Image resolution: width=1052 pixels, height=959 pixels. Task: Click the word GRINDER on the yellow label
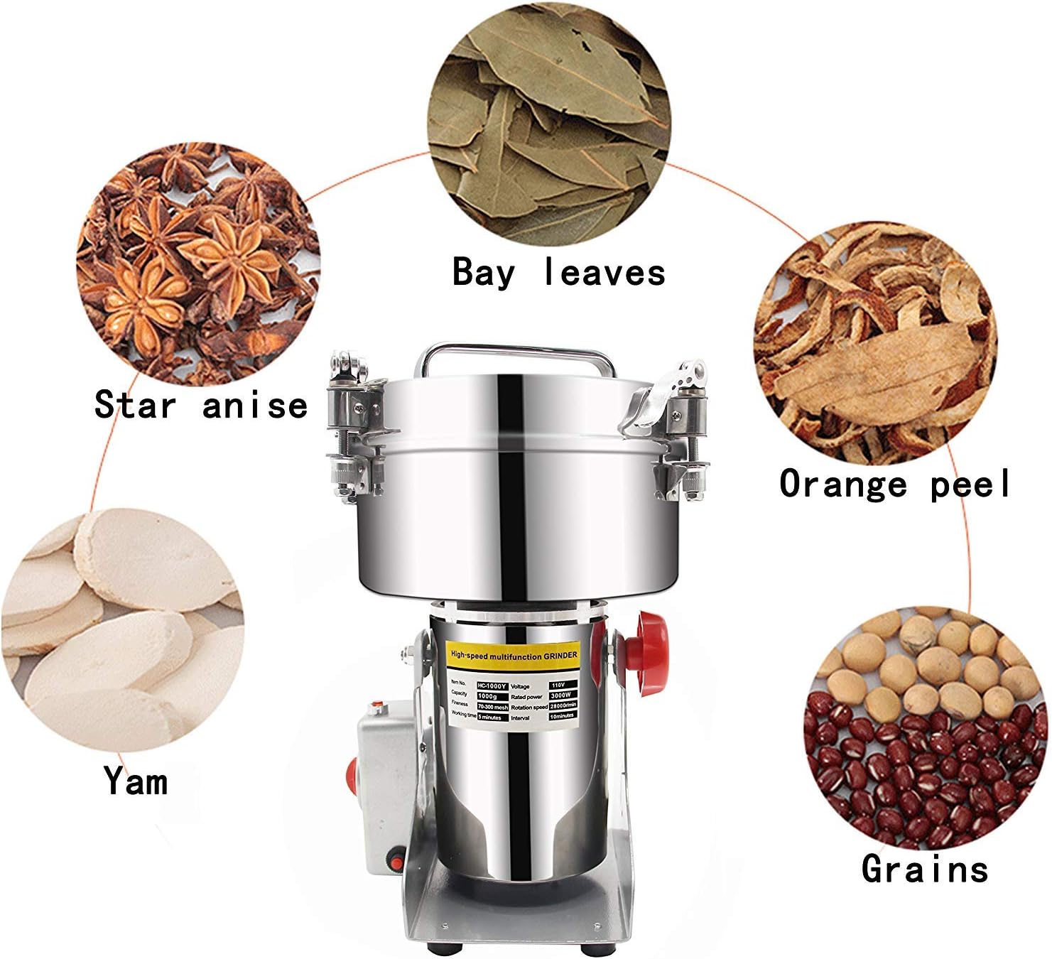pyautogui.click(x=560, y=655)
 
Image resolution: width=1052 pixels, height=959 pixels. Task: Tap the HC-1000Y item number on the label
pyautogui.click(x=492, y=686)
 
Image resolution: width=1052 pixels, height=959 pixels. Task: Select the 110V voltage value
pyautogui.click(x=562, y=686)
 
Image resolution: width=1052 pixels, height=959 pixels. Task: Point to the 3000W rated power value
pyautogui.click(x=562, y=696)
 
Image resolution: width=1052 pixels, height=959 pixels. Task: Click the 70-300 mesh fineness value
pyautogui.click(x=492, y=708)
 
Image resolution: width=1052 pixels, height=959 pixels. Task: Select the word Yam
pyautogui.click(x=136, y=781)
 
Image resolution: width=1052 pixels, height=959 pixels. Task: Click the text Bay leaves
pyautogui.click(x=559, y=272)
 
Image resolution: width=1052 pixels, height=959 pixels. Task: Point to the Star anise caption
pyautogui.click(x=201, y=405)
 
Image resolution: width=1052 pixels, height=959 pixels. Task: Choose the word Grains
pyautogui.click(x=924, y=868)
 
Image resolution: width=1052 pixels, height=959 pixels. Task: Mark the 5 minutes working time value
pyautogui.click(x=492, y=717)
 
